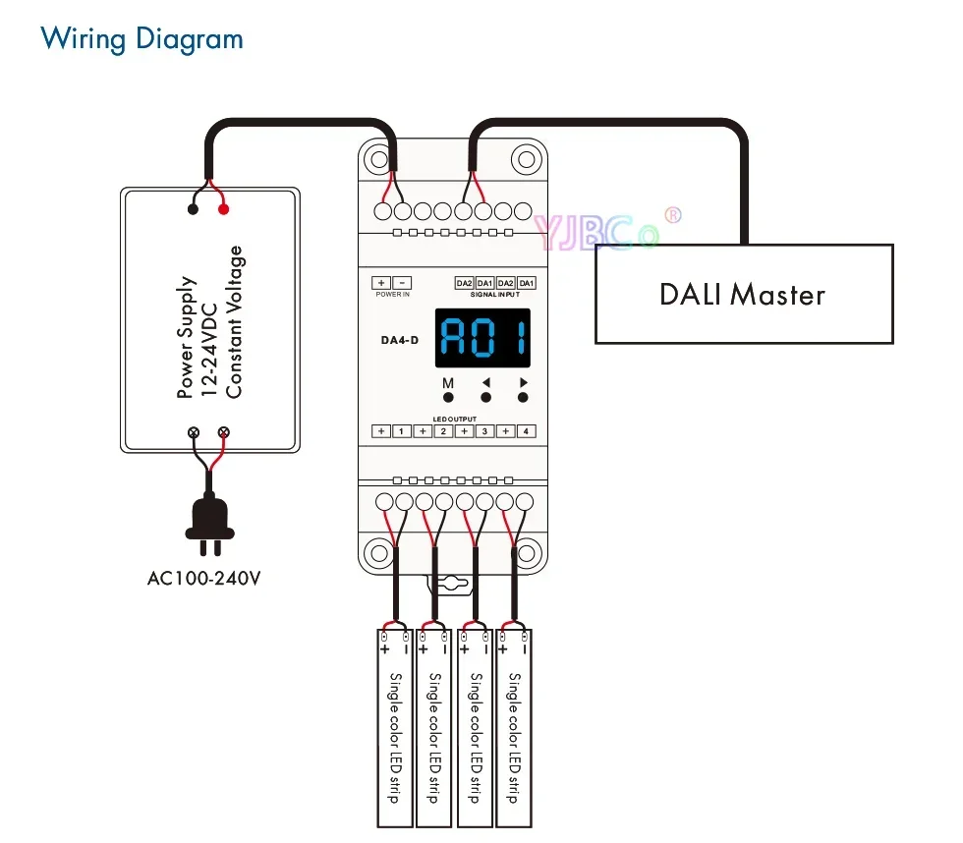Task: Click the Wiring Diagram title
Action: (x=142, y=39)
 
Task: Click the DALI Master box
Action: (x=743, y=293)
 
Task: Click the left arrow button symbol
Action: (x=485, y=383)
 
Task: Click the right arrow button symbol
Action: (x=523, y=383)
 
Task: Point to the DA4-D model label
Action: (x=400, y=342)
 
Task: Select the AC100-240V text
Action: (x=204, y=578)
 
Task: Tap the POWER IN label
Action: (x=392, y=295)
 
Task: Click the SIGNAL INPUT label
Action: (x=495, y=295)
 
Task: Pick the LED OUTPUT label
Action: (x=454, y=420)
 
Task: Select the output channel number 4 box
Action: (x=527, y=431)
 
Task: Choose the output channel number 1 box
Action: (x=401, y=431)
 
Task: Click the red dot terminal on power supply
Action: (x=224, y=207)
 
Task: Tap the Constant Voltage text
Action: (x=234, y=322)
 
